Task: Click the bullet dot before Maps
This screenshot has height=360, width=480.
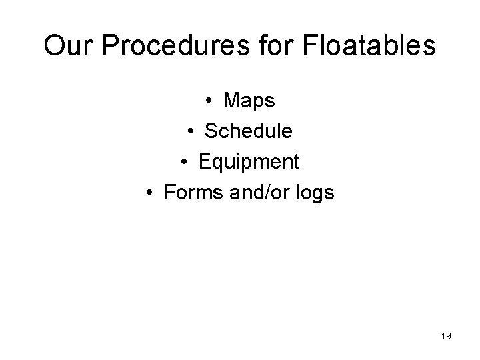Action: tap(209, 101)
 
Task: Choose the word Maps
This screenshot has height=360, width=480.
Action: tap(249, 101)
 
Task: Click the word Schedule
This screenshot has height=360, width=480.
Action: tap(248, 131)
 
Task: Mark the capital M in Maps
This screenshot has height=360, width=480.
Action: tap(233, 101)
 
